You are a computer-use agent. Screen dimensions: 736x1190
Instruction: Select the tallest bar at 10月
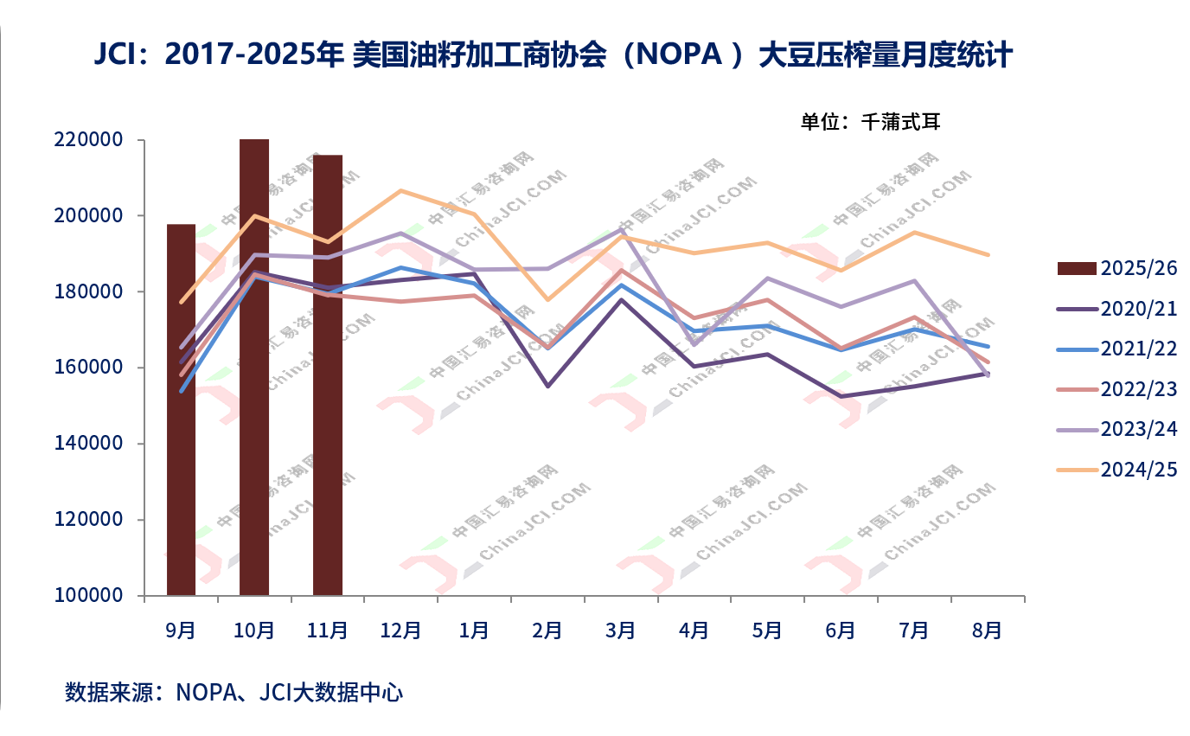point(254,367)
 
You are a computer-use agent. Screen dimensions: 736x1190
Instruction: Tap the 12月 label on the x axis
point(400,630)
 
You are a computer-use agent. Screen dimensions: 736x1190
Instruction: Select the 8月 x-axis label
point(988,630)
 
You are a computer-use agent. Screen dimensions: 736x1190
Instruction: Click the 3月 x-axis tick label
point(621,630)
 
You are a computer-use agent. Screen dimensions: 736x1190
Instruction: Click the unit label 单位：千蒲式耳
point(870,122)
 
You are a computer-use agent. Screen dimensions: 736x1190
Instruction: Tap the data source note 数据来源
point(234,693)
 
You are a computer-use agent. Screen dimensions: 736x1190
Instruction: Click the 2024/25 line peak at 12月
point(401,190)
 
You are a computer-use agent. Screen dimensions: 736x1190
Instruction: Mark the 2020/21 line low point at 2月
point(548,386)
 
